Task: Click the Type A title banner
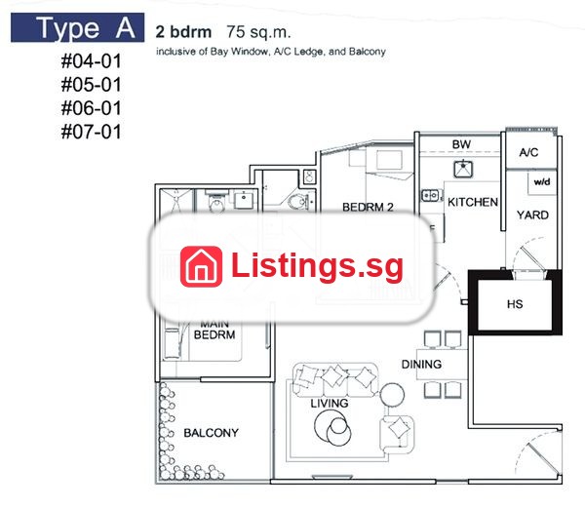(77, 27)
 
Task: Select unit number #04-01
(92, 61)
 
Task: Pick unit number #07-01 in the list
(92, 132)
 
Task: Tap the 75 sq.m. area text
(258, 32)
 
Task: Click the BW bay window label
(461, 144)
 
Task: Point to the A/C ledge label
(528, 152)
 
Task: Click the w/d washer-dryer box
(542, 182)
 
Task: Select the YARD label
(532, 215)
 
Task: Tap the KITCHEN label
(473, 202)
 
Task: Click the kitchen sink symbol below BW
(463, 169)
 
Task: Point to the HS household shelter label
(515, 304)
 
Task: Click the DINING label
(421, 364)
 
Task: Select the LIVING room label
(330, 404)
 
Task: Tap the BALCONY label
(212, 433)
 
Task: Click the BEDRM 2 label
(368, 207)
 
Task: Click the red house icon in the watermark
(201, 266)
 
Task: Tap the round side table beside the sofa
(392, 395)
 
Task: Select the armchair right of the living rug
(397, 433)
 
